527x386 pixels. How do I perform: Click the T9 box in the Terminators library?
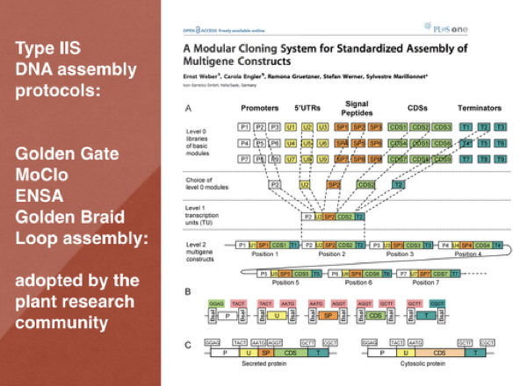coord(501,159)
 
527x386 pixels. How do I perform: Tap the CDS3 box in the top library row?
coord(443,126)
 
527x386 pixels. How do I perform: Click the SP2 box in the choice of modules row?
coord(334,186)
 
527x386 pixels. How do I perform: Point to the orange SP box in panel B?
coord(327,313)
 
